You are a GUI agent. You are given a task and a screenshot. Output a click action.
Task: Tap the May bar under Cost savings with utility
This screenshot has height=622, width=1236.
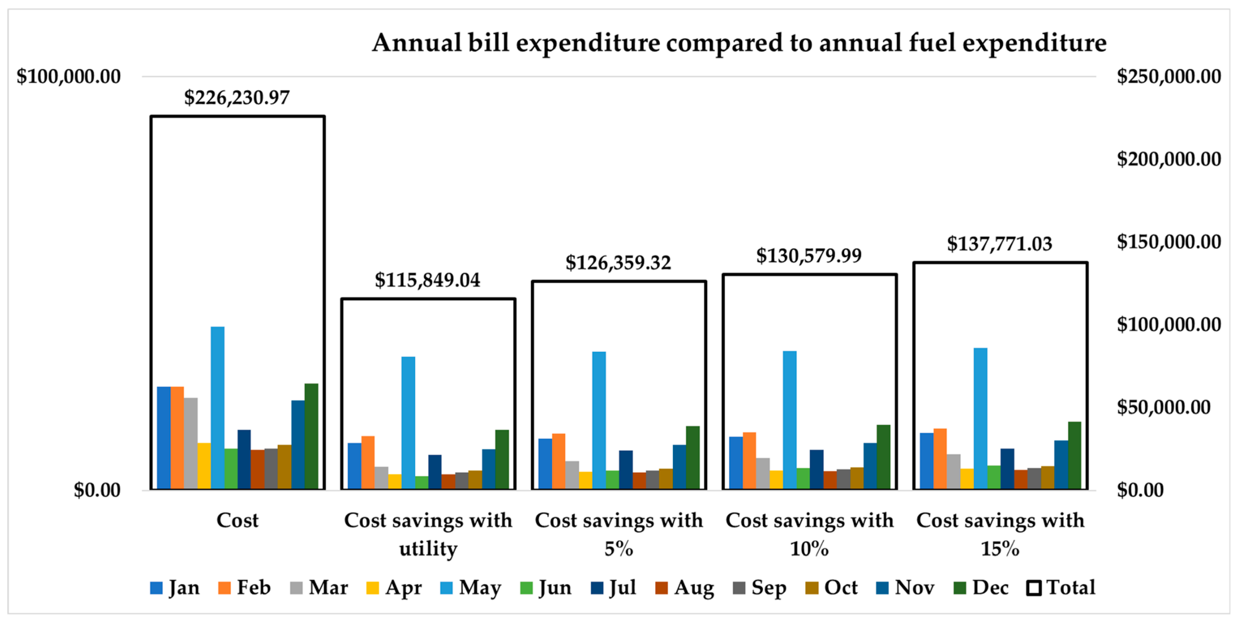(408, 422)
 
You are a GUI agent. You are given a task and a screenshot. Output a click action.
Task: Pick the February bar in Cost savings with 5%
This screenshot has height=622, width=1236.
(559, 461)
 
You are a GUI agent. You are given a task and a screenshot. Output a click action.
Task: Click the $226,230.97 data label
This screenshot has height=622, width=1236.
(237, 98)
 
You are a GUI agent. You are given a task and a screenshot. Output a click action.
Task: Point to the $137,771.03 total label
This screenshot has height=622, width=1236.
(999, 244)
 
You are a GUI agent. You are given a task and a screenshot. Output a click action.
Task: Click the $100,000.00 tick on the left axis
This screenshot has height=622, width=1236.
(69, 77)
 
